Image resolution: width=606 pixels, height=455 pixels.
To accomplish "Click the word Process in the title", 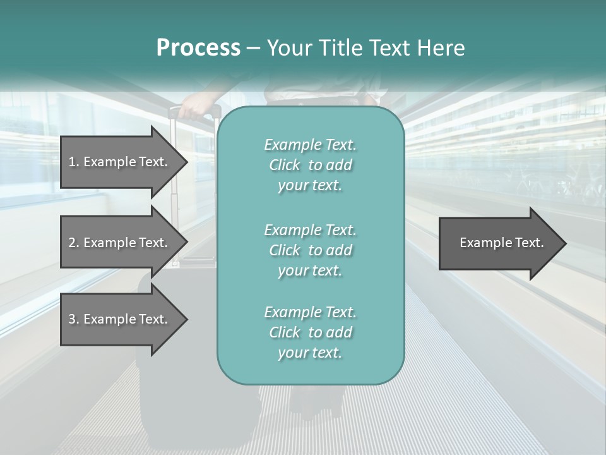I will point(198,48).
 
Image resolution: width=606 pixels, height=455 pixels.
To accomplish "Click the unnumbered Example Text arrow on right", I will point(501,243).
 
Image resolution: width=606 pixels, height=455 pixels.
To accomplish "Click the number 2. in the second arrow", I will point(73,243).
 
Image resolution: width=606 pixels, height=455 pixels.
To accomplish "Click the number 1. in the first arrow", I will point(73,162).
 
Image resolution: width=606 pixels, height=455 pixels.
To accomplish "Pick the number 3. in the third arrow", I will point(73,319).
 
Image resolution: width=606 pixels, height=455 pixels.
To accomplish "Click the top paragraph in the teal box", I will point(310,165).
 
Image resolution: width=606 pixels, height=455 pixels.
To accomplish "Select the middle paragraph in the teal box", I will point(310,250).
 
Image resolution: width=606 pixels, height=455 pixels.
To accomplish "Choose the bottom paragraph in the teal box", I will point(310,332).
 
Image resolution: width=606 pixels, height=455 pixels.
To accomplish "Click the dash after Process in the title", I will point(254,48).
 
